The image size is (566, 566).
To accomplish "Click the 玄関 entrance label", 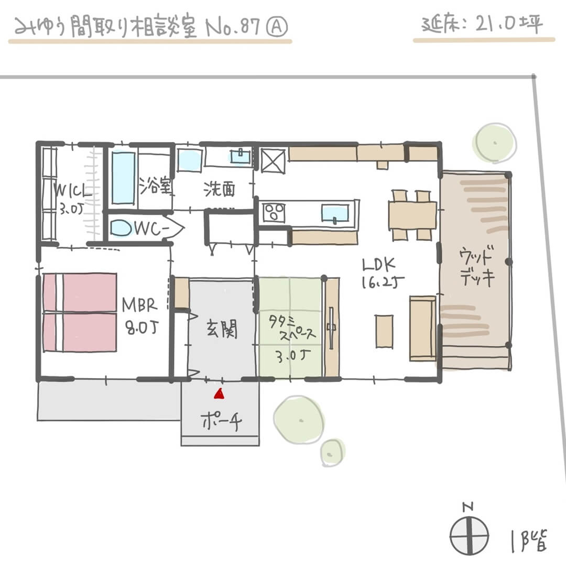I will [x=220, y=330].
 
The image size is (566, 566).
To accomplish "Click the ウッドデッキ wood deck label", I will [x=476, y=268].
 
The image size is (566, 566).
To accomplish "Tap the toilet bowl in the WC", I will [x=123, y=228].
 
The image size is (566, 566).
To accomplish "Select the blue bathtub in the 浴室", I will [x=124, y=178].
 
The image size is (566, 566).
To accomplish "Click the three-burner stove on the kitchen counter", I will [x=273, y=212].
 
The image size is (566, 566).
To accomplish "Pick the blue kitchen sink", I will [x=334, y=213].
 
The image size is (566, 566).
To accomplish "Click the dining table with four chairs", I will [x=412, y=215].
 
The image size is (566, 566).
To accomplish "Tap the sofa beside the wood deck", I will [x=422, y=328].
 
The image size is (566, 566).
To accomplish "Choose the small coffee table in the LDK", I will [x=384, y=330].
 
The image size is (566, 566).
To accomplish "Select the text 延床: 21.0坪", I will [x=482, y=25].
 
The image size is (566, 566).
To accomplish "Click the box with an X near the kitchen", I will [x=273, y=160].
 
